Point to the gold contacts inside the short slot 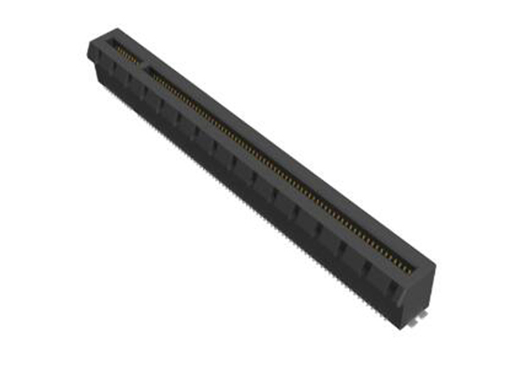[x=124, y=51]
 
